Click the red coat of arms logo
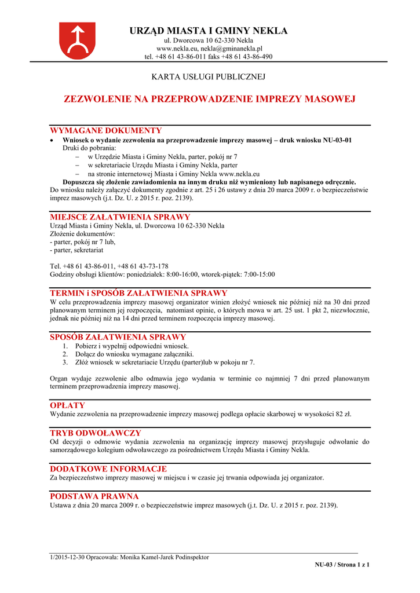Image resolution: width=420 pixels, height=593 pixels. (x=78, y=40)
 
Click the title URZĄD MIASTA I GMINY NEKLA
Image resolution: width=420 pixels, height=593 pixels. (x=209, y=31)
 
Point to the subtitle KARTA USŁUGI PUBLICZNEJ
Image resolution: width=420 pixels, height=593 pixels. (x=209, y=76)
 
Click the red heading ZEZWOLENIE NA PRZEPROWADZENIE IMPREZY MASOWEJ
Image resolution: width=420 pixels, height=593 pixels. (x=209, y=99)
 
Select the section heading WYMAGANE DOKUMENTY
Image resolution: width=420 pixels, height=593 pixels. (x=106, y=130)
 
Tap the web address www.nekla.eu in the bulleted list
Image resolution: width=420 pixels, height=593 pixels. (x=239, y=173)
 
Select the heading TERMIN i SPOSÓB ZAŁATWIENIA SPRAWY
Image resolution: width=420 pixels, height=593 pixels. (x=139, y=293)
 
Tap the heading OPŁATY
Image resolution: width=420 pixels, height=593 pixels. (x=68, y=405)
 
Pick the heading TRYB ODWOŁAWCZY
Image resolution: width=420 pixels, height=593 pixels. (x=96, y=433)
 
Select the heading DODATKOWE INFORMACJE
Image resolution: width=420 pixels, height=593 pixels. (x=109, y=468)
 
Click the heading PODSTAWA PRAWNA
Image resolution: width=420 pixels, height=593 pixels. (x=94, y=496)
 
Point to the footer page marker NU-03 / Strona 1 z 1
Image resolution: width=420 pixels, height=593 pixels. (x=342, y=564)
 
